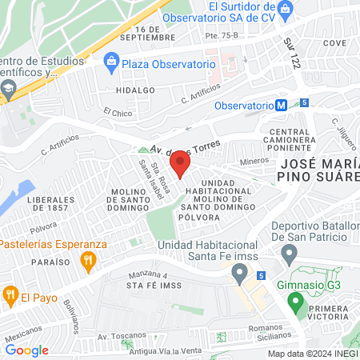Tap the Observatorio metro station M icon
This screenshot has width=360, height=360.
pyautogui.click(x=281, y=105)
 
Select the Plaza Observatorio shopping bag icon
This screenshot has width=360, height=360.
pyautogui.click(x=111, y=62)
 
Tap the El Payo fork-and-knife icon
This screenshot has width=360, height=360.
pyautogui.click(x=10, y=294)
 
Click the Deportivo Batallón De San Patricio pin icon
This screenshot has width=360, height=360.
pyautogui.click(x=290, y=254)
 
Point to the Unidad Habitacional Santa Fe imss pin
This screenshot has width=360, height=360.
pyautogui.click(x=238, y=274)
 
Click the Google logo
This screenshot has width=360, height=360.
pyautogui.click(x=27, y=350)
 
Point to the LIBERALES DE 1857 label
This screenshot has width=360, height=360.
pyautogui.click(x=44, y=203)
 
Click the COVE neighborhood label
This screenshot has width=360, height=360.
pyautogui.click(x=335, y=43)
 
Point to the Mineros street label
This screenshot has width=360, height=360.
pyautogui.click(x=254, y=160)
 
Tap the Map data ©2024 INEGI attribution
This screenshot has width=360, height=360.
pyautogui.click(x=312, y=353)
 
